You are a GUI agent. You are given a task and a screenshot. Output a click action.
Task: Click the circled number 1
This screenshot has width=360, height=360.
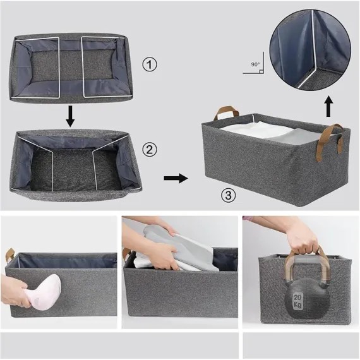[x=150, y=64]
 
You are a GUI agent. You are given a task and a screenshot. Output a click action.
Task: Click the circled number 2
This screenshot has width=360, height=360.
[x=150, y=150]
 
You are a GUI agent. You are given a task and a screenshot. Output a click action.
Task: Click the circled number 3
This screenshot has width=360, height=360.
[x=228, y=195]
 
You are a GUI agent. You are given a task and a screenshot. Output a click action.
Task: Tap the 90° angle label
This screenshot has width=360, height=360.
[x=255, y=64]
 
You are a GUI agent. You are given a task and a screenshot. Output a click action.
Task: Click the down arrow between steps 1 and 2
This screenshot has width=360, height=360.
[x=70, y=116]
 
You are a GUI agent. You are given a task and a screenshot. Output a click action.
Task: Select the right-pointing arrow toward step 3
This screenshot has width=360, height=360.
[x=176, y=178]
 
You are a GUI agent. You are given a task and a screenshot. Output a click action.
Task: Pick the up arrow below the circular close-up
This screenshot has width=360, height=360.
[x=329, y=107]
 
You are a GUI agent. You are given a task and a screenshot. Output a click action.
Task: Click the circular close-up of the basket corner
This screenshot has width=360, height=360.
[x=310, y=50]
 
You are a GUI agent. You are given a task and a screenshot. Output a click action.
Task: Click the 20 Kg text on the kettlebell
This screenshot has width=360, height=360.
[x=297, y=301]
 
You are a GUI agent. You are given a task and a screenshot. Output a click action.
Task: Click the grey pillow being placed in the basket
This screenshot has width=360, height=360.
[x=184, y=249]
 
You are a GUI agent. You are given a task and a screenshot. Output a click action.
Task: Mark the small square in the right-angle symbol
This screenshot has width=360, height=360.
[x=261, y=71]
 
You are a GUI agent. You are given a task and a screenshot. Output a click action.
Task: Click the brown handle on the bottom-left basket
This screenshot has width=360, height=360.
[x=10, y=255]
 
